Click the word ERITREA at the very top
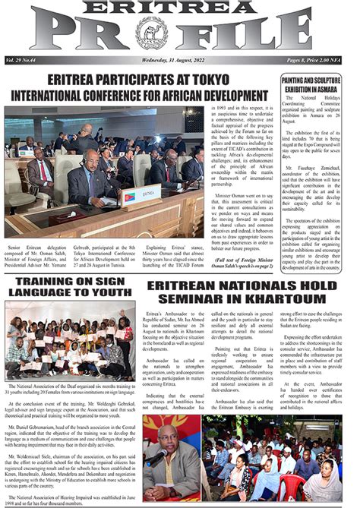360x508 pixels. click(x=180, y=7)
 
